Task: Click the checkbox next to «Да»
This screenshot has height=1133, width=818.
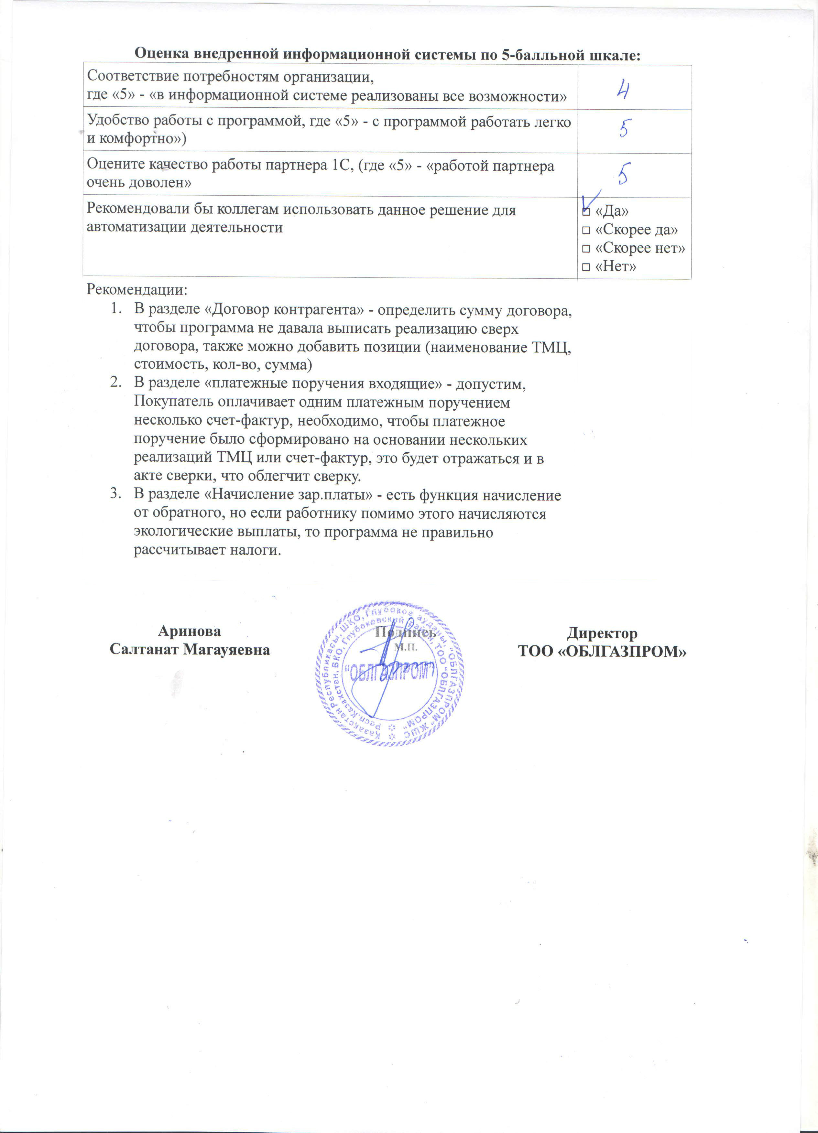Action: pos(586,212)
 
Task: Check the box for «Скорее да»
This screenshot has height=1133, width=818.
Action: pos(586,230)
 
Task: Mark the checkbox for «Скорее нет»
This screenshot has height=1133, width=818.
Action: pos(586,249)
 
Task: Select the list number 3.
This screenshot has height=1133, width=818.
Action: pos(115,495)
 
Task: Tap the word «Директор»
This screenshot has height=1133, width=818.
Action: pos(602,633)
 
